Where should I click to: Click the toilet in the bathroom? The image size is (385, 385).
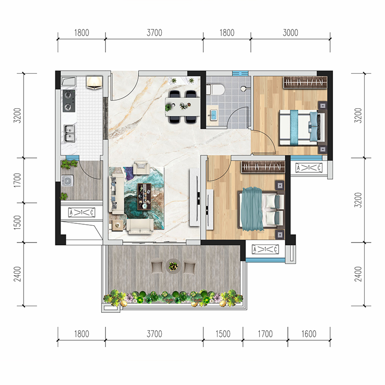click(215, 90)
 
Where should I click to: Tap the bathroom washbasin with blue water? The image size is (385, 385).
click(213, 114)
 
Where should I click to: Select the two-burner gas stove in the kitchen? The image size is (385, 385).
click(69, 101)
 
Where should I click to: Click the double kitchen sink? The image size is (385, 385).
click(69, 133)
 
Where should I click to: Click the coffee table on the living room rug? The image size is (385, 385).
click(144, 197)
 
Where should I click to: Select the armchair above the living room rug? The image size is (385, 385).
click(141, 167)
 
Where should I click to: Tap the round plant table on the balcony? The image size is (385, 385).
click(173, 266)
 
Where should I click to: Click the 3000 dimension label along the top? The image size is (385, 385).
click(291, 33)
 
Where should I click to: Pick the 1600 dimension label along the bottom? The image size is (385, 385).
click(309, 334)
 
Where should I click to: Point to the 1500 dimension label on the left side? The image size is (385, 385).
click(17, 222)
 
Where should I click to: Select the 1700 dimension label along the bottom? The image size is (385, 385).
click(265, 334)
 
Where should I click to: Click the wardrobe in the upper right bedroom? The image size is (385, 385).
click(305, 82)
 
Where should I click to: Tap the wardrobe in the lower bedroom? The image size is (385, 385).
click(263, 167)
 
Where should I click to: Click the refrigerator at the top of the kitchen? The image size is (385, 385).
click(94, 82)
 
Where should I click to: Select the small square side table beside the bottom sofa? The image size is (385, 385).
click(117, 225)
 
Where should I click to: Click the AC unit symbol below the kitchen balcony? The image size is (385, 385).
click(82, 212)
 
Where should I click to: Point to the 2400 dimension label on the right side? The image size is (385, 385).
click(358, 274)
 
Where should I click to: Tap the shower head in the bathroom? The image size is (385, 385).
click(244, 89)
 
